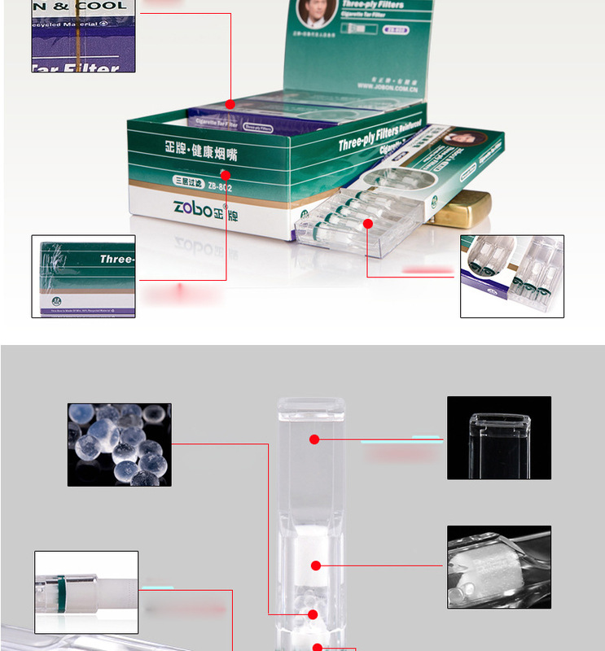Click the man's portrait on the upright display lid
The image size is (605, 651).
pos(313,15)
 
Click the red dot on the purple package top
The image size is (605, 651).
pos(230,104)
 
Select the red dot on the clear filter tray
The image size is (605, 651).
pos(367,224)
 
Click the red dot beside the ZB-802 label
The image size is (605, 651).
pos(226,174)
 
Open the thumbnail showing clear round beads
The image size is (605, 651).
pos(119,444)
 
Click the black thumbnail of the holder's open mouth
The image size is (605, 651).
pos(498,437)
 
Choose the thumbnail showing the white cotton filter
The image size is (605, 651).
pos(498,567)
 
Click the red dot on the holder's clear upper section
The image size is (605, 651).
pos(314,439)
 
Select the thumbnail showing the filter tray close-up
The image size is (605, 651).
pos(511,276)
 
